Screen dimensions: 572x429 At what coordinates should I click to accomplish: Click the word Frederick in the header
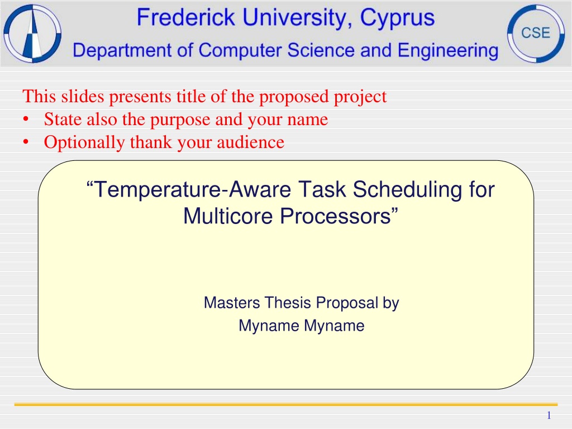pos(186,17)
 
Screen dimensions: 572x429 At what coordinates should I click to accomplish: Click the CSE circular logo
pos(536,33)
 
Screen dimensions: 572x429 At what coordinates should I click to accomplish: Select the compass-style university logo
pos(32,33)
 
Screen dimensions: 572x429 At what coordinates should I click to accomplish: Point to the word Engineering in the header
pos(448,51)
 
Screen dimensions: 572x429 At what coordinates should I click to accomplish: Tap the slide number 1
pos(549,416)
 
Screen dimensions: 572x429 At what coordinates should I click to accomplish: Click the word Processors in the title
pos(339,216)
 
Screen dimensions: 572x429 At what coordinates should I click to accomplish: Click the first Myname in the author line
pos(269,326)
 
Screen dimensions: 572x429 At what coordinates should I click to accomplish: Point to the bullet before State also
pos(26,120)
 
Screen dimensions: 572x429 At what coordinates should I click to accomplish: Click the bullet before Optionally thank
pos(26,142)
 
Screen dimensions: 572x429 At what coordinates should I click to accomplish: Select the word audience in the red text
pos(251,142)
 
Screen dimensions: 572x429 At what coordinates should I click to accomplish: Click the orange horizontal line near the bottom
pos(286,404)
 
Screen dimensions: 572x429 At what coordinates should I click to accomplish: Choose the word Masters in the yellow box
pos(232,303)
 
